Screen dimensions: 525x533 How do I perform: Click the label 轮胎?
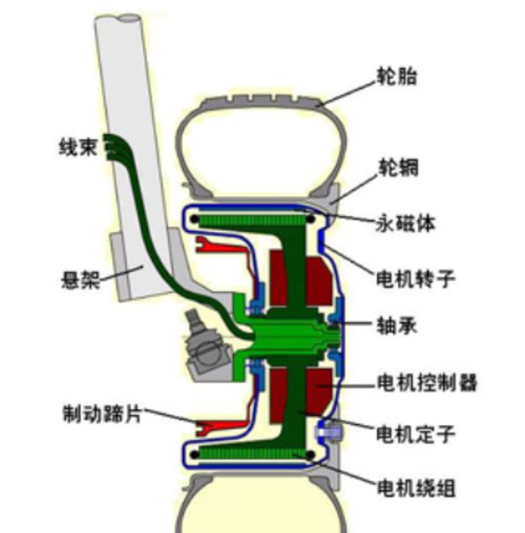click(396, 76)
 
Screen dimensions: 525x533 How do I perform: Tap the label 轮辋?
click(398, 167)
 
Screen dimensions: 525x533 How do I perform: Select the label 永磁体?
click(405, 223)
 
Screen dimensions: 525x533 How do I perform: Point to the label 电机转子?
click(416, 279)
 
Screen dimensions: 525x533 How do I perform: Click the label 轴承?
click(396, 326)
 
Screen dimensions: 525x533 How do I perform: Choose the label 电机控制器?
click(427, 382)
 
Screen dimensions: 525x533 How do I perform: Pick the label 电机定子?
click(416, 434)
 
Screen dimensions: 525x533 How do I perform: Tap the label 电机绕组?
click(416, 488)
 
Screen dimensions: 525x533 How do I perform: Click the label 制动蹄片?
click(102, 413)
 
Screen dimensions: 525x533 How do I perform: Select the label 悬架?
click(80, 281)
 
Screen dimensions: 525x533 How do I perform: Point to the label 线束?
click(79, 147)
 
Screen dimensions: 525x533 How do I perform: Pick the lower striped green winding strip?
click(254, 454)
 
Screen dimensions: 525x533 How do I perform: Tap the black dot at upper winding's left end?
click(194, 219)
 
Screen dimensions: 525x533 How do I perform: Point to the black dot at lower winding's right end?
click(310, 454)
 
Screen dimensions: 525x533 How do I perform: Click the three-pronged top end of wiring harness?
click(113, 146)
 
